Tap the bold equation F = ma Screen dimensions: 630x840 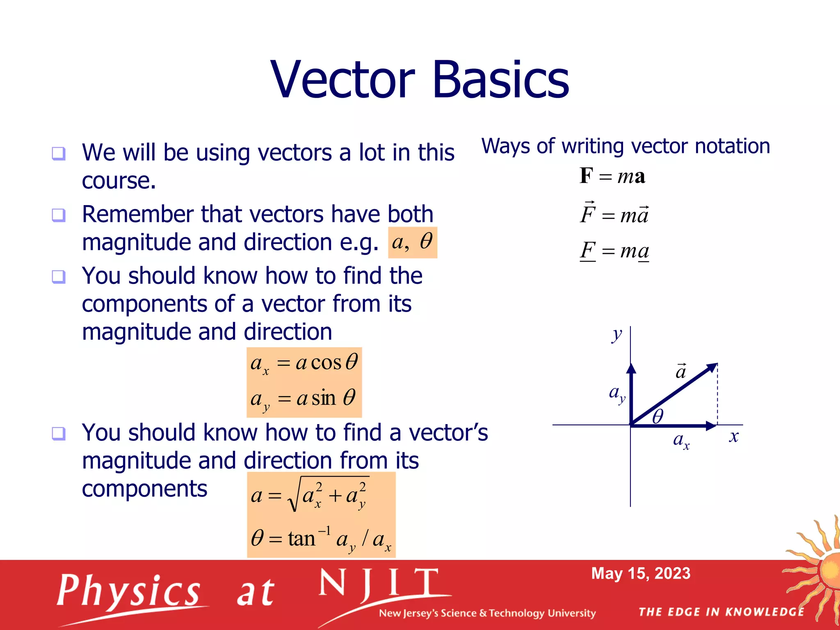(612, 176)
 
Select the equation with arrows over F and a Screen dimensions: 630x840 (614, 213)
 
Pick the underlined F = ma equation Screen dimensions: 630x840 (614, 251)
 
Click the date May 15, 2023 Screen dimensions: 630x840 (641, 573)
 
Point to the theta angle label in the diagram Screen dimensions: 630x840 (657, 416)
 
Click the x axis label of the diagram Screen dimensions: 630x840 (734, 436)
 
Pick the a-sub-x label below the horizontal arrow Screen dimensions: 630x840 (681, 441)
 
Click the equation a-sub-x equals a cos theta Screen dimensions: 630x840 (304, 363)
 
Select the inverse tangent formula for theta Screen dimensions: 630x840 (321, 539)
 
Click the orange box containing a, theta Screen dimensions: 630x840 (412, 242)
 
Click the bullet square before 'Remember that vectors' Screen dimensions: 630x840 (58, 215)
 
